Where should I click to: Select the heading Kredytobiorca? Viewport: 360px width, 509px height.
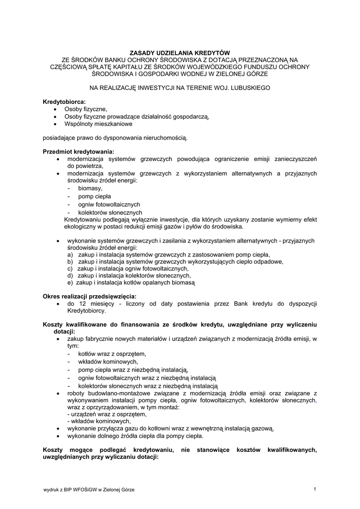(65, 101)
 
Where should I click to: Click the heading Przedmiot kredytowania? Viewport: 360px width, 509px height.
(79, 151)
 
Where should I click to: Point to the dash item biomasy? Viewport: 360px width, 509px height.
(90, 188)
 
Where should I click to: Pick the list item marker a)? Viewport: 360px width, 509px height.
(71, 254)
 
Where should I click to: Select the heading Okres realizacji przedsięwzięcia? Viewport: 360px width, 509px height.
(90, 296)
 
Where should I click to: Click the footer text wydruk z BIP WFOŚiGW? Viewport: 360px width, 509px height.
(75, 490)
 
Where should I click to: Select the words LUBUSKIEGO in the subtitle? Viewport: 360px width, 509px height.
(245, 87)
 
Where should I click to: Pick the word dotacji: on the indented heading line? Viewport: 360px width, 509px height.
(64, 331)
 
